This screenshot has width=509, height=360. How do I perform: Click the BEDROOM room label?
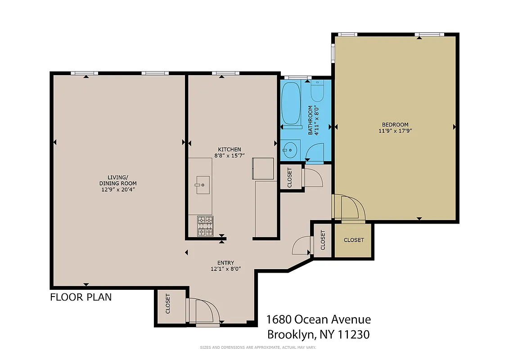tap(395, 125)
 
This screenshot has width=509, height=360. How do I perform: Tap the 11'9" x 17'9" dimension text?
tap(395, 131)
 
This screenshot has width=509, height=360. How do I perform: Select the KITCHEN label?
tap(230, 149)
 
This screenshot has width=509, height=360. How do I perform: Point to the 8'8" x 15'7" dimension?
tap(230, 156)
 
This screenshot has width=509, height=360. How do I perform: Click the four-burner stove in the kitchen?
tap(205, 226)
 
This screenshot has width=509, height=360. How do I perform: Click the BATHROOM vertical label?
tap(310, 120)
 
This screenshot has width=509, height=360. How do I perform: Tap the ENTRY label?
tap(226, 263)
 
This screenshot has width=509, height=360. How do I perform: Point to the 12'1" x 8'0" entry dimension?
tap(226, 269)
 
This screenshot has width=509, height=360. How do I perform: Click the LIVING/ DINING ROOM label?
tap(118, 180)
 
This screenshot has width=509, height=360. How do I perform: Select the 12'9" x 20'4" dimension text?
tap(118, 189)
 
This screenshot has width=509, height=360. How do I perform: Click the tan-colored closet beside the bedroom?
tap(353, 240)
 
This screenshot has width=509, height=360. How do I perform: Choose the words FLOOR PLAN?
tap(81, 297)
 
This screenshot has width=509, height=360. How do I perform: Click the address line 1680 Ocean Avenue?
tap(319, 319)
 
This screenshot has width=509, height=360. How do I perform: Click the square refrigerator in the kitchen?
tap(263, 168)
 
